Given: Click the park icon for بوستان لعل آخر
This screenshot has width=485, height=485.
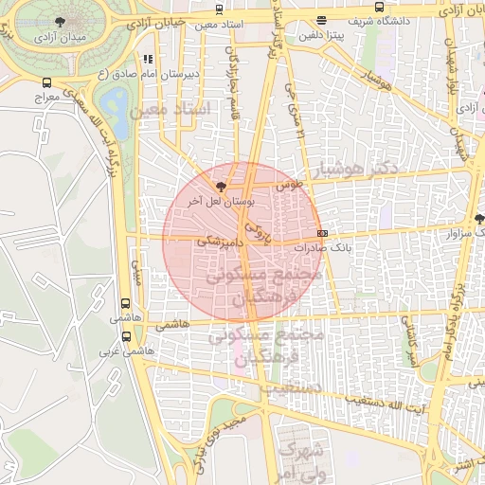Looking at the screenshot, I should tap(221, 188).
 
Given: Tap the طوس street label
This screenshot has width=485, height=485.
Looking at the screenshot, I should tap(286, 187).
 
